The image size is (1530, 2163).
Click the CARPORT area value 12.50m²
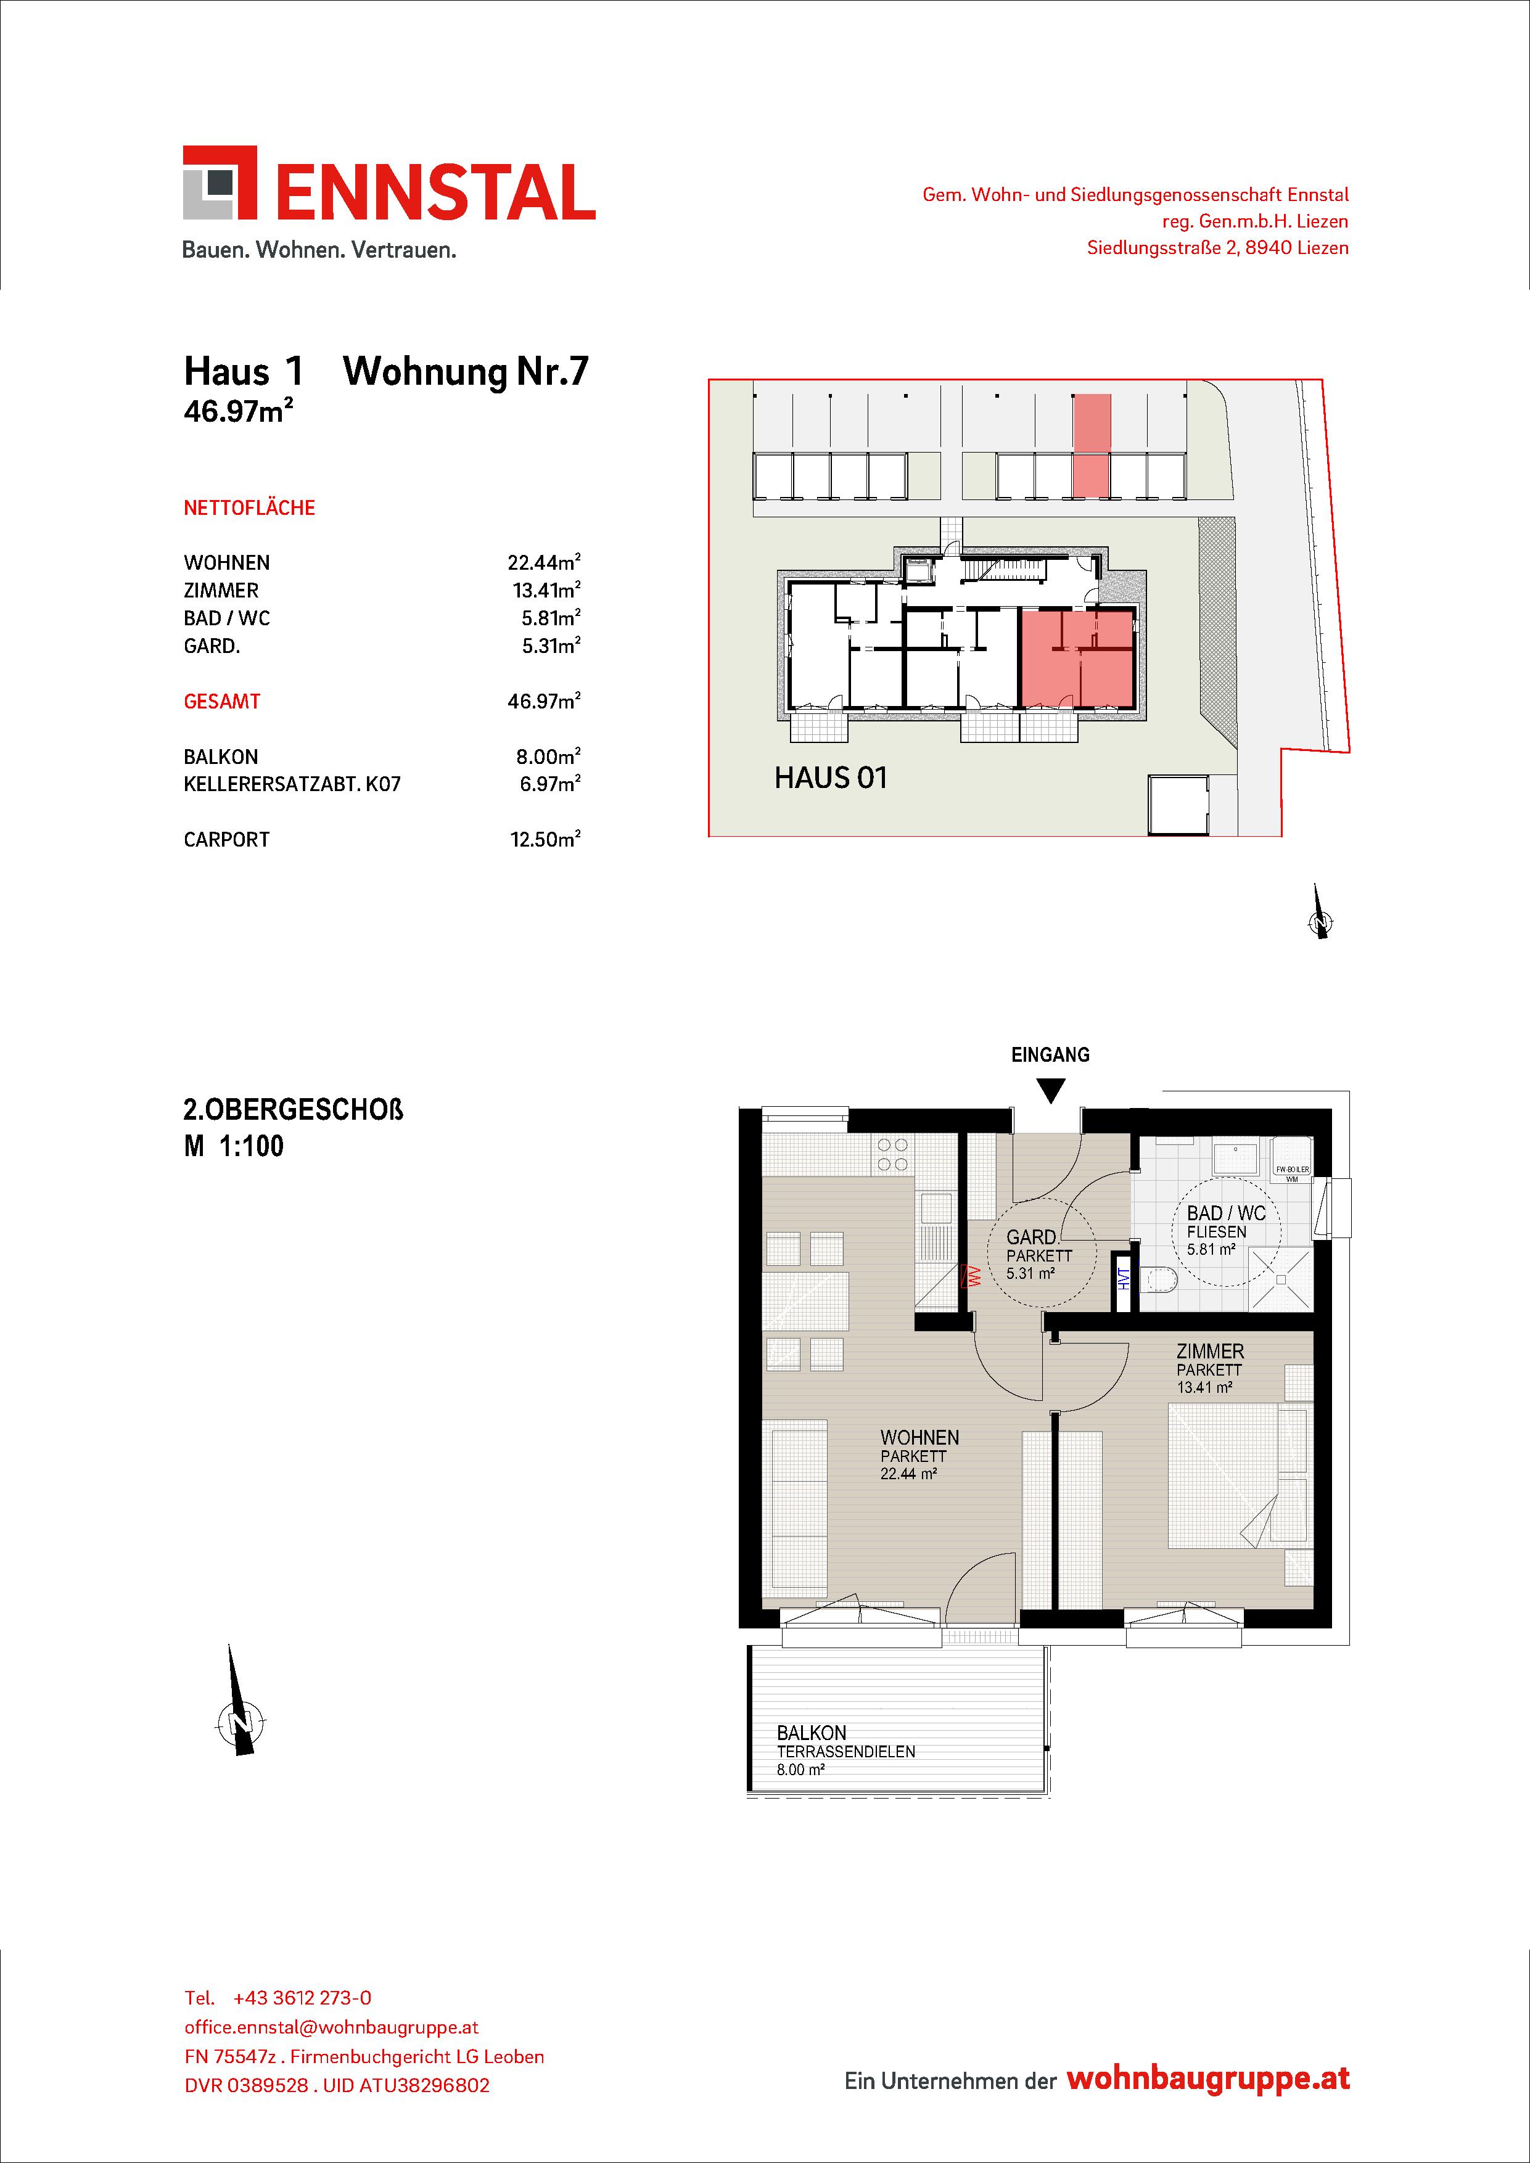[x=545, y=839]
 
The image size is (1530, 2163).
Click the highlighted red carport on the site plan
[x=1092, y=446]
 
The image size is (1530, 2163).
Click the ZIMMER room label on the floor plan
[x=1210, y=1351]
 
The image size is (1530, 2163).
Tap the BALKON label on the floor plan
[x=811, y=1733]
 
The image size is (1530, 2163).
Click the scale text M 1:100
[x=234, y=1146]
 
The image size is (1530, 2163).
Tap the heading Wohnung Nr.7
[x=466, y=372]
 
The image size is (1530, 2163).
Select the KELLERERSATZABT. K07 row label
[x=292, y=784]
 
